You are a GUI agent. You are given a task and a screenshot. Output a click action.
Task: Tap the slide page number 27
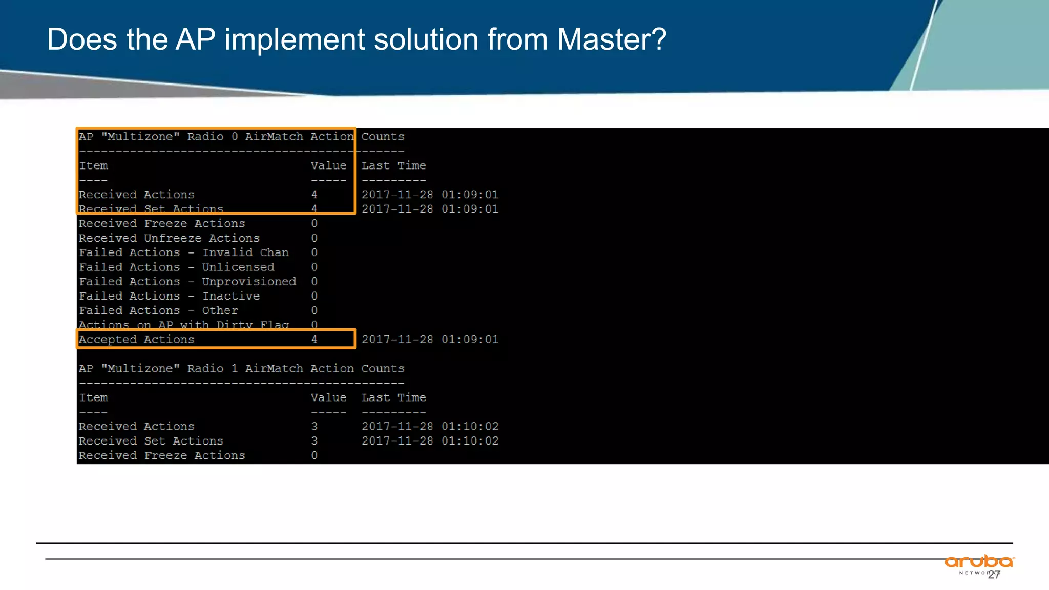[994, 575]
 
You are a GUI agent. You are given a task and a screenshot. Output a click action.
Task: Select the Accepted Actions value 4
[314, 340]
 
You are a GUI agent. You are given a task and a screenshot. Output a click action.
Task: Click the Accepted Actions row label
[137, 340]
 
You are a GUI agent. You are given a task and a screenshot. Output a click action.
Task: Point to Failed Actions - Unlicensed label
[177, 267]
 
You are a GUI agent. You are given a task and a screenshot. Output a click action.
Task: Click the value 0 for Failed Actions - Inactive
[314, 296]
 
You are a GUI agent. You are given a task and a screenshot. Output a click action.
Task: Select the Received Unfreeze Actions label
[169, 238]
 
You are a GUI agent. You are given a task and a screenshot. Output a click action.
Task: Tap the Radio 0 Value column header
[328, 166]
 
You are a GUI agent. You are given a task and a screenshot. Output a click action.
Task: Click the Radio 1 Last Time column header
[393, 398]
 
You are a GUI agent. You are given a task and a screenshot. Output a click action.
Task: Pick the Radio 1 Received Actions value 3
[314, 427]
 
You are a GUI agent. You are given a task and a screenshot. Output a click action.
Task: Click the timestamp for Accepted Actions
[430, 340]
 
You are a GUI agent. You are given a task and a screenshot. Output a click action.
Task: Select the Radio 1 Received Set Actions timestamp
[430, 441]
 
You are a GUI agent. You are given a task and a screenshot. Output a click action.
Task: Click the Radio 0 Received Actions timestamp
[430, 195]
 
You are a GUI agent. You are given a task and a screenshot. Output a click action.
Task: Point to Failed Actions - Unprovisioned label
[187, 282]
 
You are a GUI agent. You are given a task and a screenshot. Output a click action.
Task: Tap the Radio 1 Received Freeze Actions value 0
[314, 455]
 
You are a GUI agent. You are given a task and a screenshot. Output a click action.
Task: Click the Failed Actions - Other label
[158, 311]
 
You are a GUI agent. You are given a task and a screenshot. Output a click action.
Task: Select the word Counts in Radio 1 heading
[383, 369]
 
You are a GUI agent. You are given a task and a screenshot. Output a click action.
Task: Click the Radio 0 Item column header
[93, 166]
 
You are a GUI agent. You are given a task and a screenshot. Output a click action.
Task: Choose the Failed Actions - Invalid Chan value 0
[314, 252]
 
